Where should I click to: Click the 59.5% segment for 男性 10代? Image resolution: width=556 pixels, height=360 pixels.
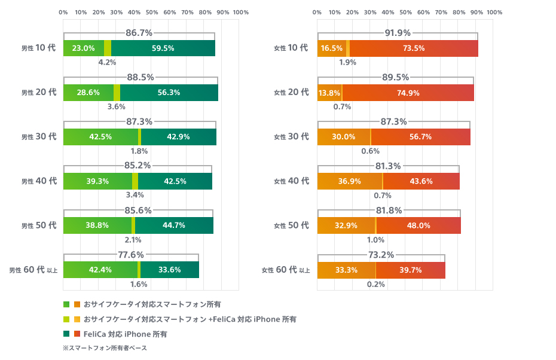tap(163, 48)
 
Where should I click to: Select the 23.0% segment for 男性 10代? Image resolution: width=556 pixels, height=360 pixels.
tap(84, 48)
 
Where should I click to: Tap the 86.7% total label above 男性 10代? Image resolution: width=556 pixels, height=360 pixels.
tap(139, 33)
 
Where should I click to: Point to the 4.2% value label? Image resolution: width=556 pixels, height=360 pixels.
tap(107, 62)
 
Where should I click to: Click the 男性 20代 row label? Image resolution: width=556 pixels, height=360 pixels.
tap(39, 92)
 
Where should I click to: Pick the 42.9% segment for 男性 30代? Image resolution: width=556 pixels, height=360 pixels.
tap(178, 137)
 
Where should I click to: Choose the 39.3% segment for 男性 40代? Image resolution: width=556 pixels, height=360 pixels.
tap(97, 181)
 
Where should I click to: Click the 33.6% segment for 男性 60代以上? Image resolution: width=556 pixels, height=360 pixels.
tap(169, 270)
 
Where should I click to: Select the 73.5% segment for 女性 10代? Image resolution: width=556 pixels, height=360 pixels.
tap(414, 48)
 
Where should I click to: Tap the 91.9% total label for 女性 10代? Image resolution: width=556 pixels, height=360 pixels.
tap(398, 33)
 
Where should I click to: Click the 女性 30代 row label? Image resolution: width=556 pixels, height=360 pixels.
tap(291, 137)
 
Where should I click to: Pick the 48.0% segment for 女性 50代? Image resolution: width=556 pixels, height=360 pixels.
tap(418, 225)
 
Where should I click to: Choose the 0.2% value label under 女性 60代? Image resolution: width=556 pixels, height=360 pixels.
tap(375, 283)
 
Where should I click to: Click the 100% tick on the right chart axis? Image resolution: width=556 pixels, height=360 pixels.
tap(494, 12)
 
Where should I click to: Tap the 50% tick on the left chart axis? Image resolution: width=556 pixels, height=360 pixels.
tap(152, 12)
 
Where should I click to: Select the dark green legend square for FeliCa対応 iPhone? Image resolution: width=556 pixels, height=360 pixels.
tap(66, 334)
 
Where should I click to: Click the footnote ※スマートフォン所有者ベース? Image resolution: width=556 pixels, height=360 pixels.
tap(105, 348)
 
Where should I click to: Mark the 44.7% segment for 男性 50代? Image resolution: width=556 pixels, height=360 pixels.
tap(174, 225)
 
